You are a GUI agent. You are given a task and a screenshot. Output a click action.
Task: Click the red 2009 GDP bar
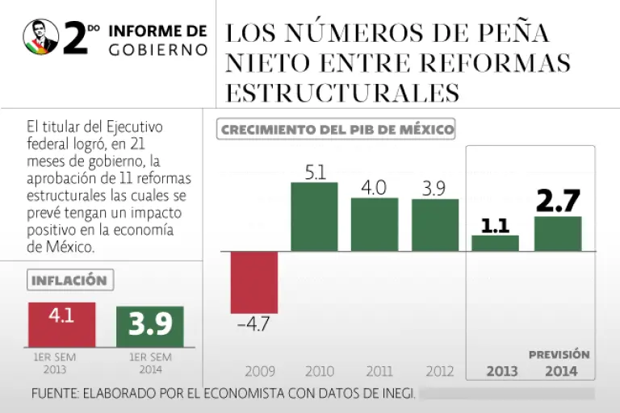coord(254,282)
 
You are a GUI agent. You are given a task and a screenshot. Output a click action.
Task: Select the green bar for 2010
coord(314,216)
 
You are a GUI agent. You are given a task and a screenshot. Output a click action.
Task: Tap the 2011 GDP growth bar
coord(374,224)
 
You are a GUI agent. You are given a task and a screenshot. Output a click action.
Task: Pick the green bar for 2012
coord(435,225)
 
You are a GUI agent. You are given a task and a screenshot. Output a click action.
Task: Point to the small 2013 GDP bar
coord(495,243)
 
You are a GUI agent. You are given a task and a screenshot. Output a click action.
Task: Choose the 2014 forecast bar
coord(558,233)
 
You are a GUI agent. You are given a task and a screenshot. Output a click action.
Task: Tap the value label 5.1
coord(314,172)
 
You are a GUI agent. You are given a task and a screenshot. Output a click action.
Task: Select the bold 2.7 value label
coord(559,201)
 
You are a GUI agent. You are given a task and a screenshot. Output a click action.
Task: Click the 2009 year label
coord(259,372)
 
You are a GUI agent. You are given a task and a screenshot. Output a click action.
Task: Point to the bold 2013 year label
coord(502,372)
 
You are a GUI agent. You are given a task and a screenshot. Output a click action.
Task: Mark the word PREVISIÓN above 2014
coord(559,354)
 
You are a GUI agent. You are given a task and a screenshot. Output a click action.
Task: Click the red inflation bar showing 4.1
coord(62,324)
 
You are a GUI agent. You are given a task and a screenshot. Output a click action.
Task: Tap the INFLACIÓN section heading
coord(69,281)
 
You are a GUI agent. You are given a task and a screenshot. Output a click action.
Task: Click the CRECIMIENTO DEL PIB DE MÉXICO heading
coord(337,129)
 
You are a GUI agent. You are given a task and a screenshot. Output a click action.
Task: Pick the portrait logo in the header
coord(41,37)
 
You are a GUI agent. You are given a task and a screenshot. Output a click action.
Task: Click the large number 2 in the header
coord(74,39)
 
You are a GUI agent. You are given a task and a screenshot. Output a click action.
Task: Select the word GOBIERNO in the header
coord(157,50)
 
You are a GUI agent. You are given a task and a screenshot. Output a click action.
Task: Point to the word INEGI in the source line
coord(396,394)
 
